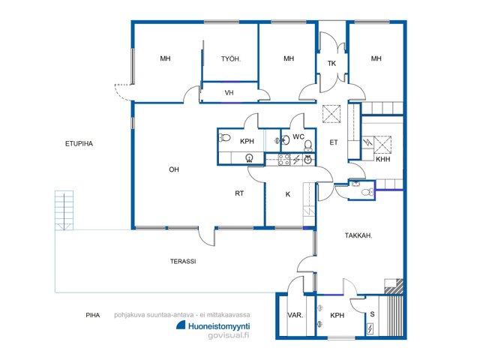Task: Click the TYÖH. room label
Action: point(231,58)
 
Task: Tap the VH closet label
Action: point(229,92)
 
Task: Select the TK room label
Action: point(331,63)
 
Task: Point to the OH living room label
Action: point(174,169)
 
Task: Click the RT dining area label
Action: point(239,193)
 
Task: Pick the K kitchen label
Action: point(288,194)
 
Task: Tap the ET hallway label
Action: point(334,142)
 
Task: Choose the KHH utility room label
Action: point(383,159)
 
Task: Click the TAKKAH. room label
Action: point(358,235)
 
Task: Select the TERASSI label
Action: point(183,262)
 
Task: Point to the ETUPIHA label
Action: point(79,143)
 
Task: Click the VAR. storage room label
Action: point(295,315)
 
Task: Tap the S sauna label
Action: point(372,314)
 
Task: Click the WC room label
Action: point(298,136)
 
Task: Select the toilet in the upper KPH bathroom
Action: point(224,138)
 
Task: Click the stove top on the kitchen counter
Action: point(283,160)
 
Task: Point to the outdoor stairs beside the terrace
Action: point(64,210)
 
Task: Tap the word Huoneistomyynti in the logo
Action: point(219,326)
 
